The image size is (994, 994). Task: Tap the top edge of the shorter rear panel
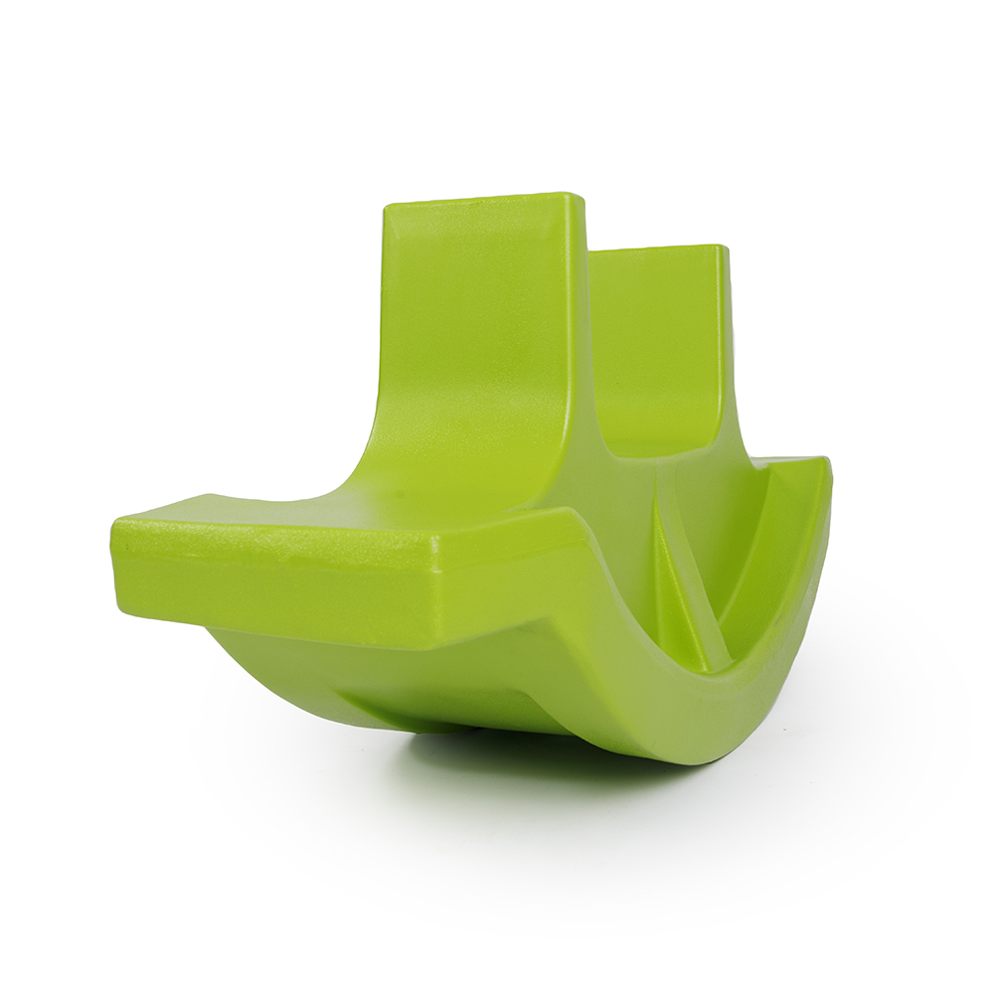pos(656,248)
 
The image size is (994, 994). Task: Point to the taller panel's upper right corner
pos(577,197)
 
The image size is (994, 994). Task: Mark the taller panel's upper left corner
pos(388,207)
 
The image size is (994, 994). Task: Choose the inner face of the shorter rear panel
pos(656,338)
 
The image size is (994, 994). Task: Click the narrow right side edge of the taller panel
pos(577,328)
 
